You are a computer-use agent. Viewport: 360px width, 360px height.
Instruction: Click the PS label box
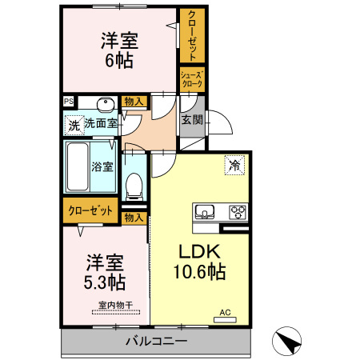(x=69, y=102)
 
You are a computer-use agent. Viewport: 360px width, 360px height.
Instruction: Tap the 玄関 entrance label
(x=191, y=120)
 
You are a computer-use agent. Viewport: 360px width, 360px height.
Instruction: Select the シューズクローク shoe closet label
(x=192, y=78)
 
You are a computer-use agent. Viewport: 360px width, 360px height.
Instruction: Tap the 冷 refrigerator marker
(x=234, y=164)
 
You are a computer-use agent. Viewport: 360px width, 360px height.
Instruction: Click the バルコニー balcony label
(x=155, y=342)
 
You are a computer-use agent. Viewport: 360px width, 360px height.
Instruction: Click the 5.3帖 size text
(x=105, y=282)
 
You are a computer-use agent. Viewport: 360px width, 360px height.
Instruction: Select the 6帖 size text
(x=118, y=59)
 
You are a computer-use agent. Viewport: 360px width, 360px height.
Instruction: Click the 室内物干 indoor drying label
(x=116, y=304)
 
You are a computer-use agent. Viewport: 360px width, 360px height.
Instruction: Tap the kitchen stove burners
(x=238, y=212)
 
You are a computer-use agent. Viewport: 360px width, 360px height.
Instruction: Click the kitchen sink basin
(x=203, y=212)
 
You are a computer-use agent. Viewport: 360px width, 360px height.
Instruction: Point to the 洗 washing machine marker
(x=74, y=125)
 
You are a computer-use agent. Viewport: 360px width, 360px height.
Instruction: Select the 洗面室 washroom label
(x=102, y=124)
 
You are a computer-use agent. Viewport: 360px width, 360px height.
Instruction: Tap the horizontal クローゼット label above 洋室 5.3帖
(x=89, y=211)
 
